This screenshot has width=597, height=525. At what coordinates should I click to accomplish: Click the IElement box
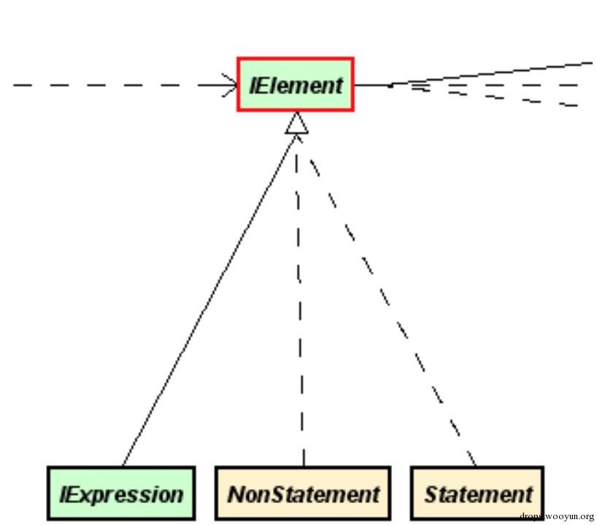click(296, 85)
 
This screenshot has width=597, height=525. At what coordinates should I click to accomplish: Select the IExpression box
click(121, 493)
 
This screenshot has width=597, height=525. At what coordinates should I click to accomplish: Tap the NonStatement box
click(303, 493)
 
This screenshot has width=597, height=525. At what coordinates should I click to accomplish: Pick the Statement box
click(477, 493)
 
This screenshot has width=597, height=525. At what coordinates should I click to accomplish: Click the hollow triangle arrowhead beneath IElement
click(296, 123)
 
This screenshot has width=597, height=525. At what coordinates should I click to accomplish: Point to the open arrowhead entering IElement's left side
click(231, 85)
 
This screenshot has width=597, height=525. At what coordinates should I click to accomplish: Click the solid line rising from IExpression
click(209, 300)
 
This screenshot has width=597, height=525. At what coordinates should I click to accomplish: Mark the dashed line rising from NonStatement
click(300, 300)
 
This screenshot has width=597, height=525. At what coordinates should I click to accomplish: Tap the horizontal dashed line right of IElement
click(495, 85)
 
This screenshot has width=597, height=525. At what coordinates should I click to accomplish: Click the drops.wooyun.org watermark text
click(557, 516)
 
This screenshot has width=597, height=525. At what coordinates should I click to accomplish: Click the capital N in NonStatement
click(237, 494)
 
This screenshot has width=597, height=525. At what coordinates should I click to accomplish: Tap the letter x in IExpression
click(85, 496)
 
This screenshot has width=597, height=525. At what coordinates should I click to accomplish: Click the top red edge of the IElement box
click(296, 58)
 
